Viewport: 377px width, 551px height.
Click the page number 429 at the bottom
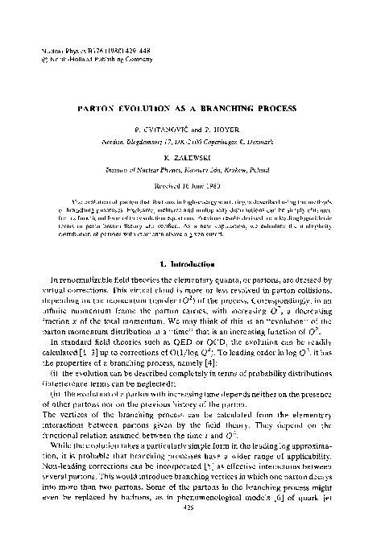tap(190, 529)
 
